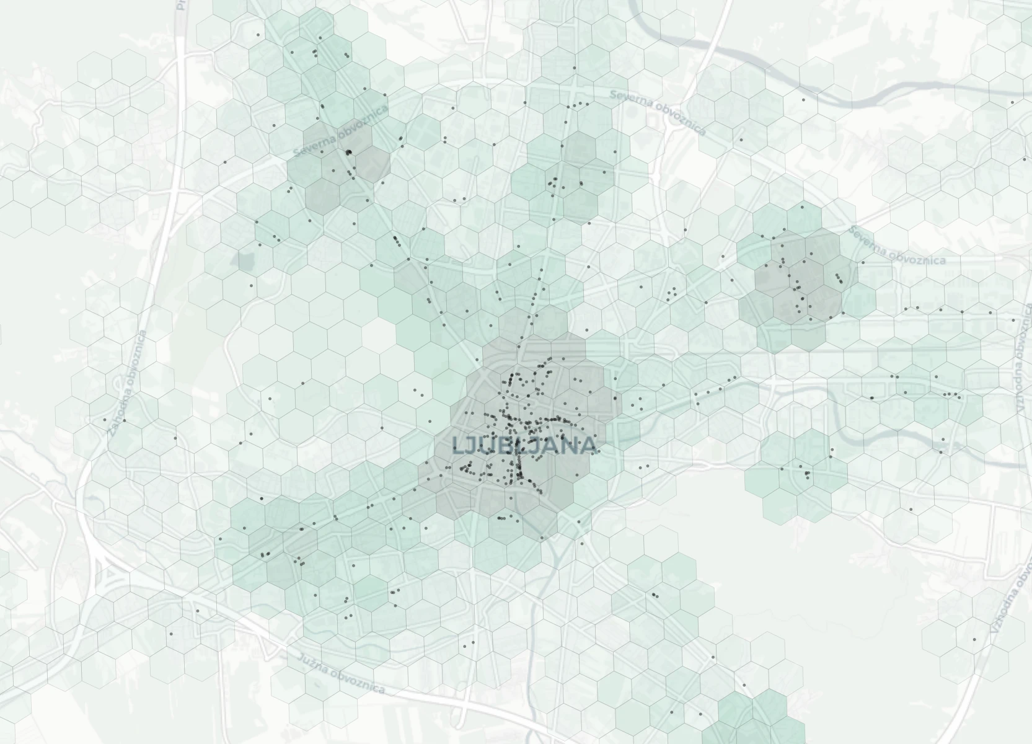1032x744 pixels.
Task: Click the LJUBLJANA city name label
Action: point(524,445)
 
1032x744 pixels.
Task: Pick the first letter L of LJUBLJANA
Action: point(459,445)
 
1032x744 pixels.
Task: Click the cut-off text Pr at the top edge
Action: point(181,5)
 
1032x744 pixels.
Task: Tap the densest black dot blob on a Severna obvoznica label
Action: point(348,152)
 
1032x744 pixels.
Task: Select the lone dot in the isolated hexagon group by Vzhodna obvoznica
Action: point(974,639)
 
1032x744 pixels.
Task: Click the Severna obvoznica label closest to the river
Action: point(657,112)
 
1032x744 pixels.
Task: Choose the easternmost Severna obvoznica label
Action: point(897,246)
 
